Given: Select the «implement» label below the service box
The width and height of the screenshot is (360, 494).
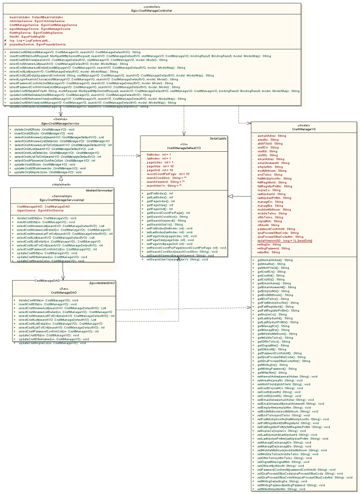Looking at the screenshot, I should (60, 184).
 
